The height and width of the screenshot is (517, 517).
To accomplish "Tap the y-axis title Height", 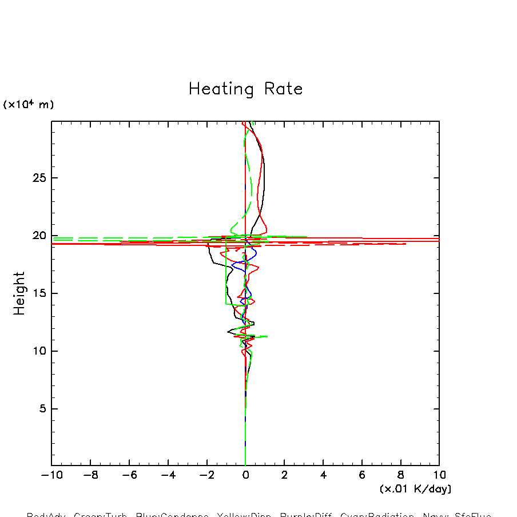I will tap(20, 293).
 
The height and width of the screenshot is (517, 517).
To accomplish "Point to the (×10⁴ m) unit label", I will tap(29, 105).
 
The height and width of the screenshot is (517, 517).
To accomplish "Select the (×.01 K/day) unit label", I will tap(415, 489).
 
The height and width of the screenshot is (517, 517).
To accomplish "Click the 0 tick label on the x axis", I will tap(245, 475).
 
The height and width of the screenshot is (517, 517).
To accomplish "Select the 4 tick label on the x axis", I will tap(323, 475).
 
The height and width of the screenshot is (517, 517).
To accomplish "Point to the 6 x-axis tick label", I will tap(362, 475).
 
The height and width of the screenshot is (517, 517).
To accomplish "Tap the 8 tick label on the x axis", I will tap(400, 475).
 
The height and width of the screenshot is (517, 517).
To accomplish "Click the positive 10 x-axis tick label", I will tap(439, 475).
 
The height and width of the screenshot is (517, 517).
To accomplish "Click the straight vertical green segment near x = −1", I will tap(226, 275).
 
